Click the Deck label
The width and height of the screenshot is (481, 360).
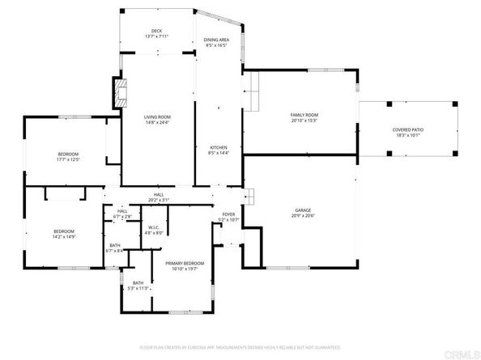(x=156, y=31)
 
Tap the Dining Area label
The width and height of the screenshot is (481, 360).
(x=215, y=39)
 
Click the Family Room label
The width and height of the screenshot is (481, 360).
(x=304, y=116)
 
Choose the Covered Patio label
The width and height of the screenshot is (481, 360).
(x=407, y=129)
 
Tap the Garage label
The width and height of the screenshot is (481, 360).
(x=302, y=210)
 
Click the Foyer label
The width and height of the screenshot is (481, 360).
(x=229, y=214)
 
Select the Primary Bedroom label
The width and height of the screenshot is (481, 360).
(x=185, y=264)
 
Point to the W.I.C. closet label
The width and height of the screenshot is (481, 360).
(x=154, y=227)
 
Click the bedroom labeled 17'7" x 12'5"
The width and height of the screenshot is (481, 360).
(x=67, y=155)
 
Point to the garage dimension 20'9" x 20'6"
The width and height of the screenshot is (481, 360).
(x=302, y=216)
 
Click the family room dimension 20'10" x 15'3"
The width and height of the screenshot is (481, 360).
(x=304, y=121)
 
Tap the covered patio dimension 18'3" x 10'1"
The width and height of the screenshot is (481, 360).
(x=407, y=135)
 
